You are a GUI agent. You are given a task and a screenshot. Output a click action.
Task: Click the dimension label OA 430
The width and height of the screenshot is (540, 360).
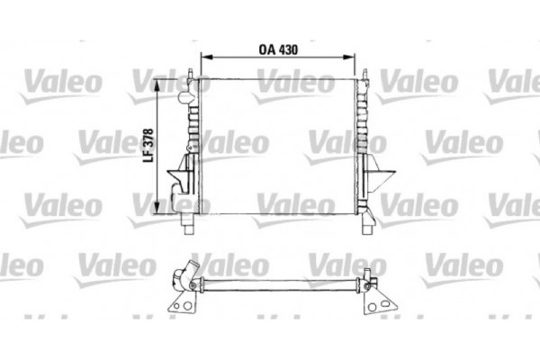277,51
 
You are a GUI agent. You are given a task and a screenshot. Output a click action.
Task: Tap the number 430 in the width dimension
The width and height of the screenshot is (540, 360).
286,51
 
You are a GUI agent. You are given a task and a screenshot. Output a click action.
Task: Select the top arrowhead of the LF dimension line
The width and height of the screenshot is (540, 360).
161,82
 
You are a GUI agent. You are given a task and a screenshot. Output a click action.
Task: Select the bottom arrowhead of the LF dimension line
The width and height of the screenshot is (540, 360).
161,203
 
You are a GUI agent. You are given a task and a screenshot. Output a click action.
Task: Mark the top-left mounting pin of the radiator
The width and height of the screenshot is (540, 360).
191,68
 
